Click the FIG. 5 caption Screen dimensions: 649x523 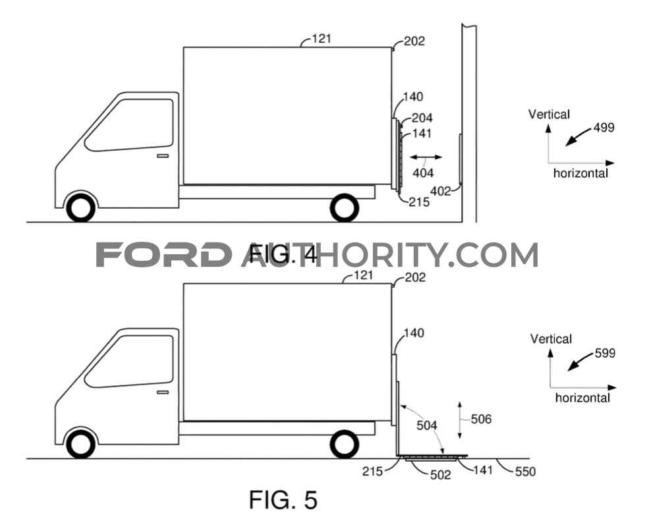click(283, 499)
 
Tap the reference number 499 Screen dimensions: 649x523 click(604, 127)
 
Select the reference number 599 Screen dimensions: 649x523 click(605, 353)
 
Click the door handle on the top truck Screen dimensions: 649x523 click(163, 156)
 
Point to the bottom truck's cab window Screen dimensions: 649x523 click(128, 361)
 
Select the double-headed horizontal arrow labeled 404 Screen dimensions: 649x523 click(426, 157)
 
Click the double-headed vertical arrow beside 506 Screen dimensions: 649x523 click(460, 420)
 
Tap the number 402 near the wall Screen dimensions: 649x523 click(440, 191)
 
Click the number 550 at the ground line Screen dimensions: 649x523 click(525, 471)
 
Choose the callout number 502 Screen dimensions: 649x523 click(440, 475)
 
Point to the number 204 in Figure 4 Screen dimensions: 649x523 click(422, 118)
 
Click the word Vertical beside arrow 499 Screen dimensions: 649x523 click(549, 114)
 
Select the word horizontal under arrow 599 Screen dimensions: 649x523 click(582, 398)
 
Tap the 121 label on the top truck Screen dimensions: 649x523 click(322, 38)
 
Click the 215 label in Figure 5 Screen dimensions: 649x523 click(372, 471)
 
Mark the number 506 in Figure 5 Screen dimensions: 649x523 click(481, 419)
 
